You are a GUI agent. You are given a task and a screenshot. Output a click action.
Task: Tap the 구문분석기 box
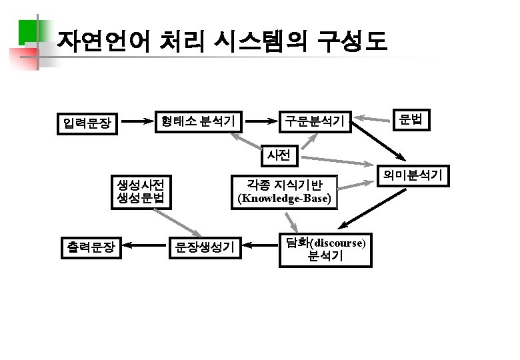coord(315,121)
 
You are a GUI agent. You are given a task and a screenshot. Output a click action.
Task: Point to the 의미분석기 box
coord(411,175)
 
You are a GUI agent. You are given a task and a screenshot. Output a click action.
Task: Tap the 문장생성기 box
coord(205,248)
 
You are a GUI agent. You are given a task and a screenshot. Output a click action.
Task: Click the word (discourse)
coord(339,242)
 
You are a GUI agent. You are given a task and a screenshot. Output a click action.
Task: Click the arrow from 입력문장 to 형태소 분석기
coord(139,121)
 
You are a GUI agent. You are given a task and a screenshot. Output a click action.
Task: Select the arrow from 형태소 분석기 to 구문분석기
coord(259,121)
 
